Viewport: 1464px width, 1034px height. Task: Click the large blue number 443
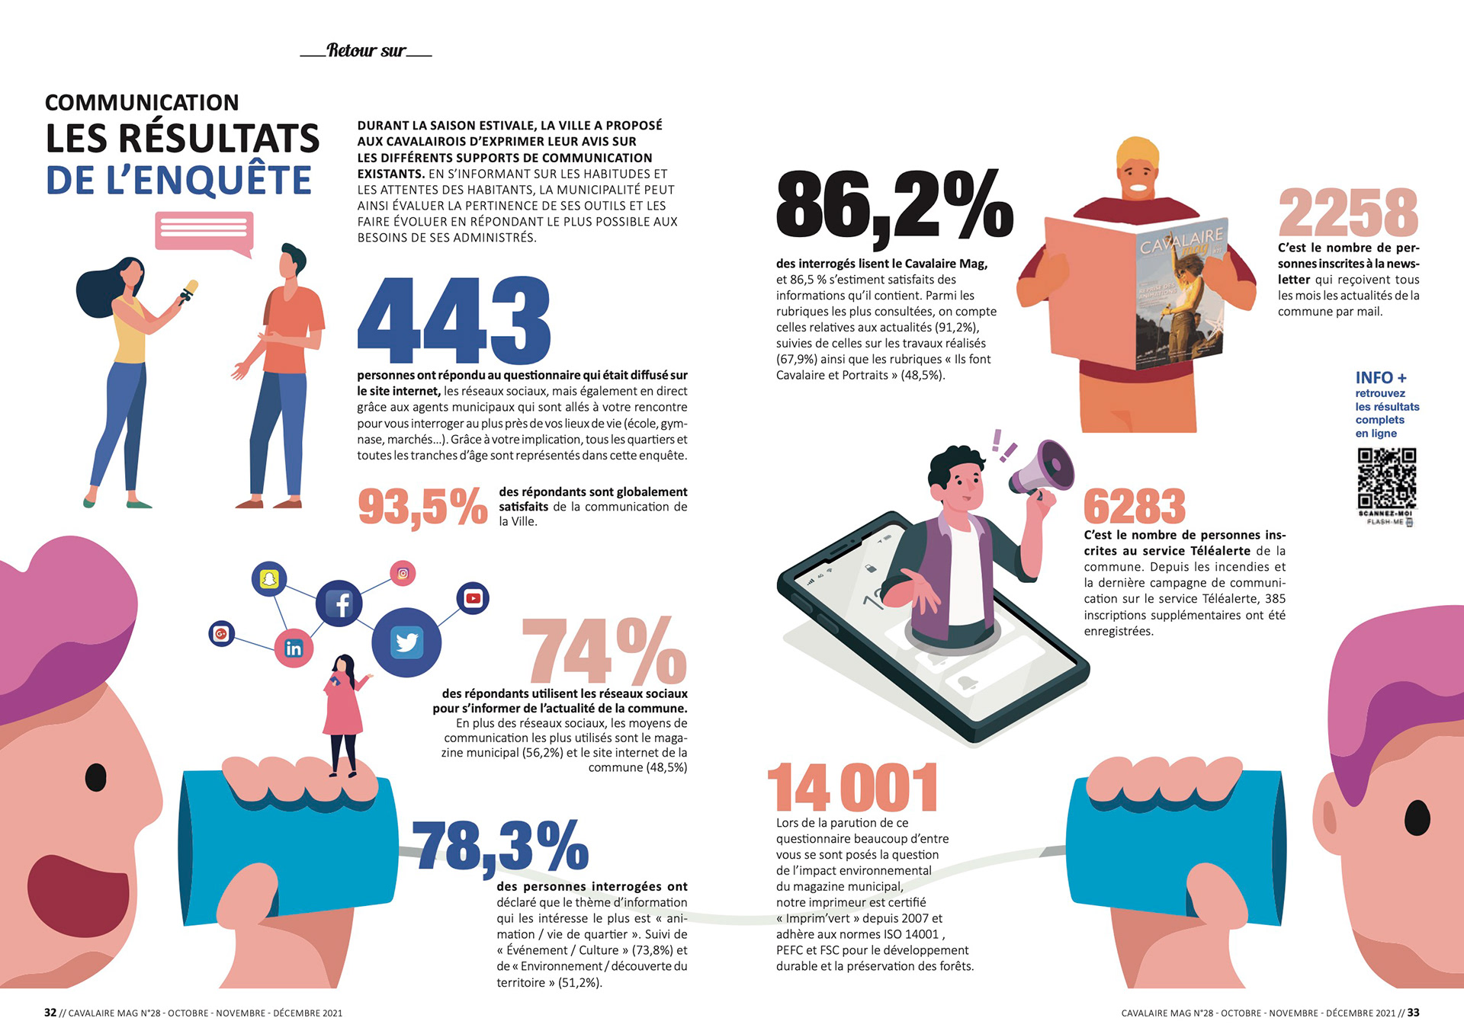click(454, 320)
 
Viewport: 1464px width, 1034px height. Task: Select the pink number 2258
click(1348, 213)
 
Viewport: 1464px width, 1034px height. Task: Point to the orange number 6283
click(1135, 506)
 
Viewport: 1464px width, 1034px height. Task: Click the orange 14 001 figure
click(852, 787)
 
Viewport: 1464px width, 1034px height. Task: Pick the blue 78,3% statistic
click(500, 846)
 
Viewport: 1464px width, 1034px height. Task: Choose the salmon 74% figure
click(605, 651)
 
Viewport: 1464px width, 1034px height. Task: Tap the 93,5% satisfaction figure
click(422, 507)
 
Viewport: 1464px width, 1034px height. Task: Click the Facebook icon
click(339, 603)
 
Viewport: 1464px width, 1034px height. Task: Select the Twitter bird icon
click(406, 642)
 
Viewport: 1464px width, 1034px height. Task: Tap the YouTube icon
click(473, 598)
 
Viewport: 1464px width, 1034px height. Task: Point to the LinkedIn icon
click(294, 648)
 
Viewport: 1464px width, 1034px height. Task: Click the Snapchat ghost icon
click(269, 579)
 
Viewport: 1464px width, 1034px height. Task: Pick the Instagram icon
click(403, 573)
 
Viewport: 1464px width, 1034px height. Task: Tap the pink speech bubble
click(204, 232)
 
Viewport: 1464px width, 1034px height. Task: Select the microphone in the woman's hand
click(187, 290)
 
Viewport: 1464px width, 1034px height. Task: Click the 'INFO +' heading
click(1381, 378)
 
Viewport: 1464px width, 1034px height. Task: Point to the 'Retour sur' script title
click(366, 51)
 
